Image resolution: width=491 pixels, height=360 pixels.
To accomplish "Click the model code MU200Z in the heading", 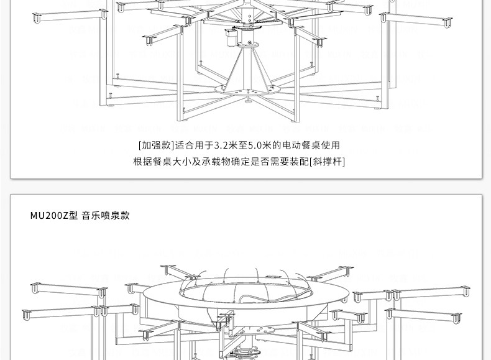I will pyautogui.click(x=50, y=216).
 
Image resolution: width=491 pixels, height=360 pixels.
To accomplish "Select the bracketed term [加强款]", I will pyautogui.click(x=156, y=145).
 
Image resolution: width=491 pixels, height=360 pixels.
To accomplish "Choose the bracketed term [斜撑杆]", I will pyautogui.click(x=327, y=162).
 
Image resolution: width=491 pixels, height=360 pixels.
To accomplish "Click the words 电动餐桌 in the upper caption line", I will pyautogui.click(x=301, y=145).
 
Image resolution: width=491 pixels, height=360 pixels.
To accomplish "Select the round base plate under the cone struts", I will pyautogui.click(x=248, y=91).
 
